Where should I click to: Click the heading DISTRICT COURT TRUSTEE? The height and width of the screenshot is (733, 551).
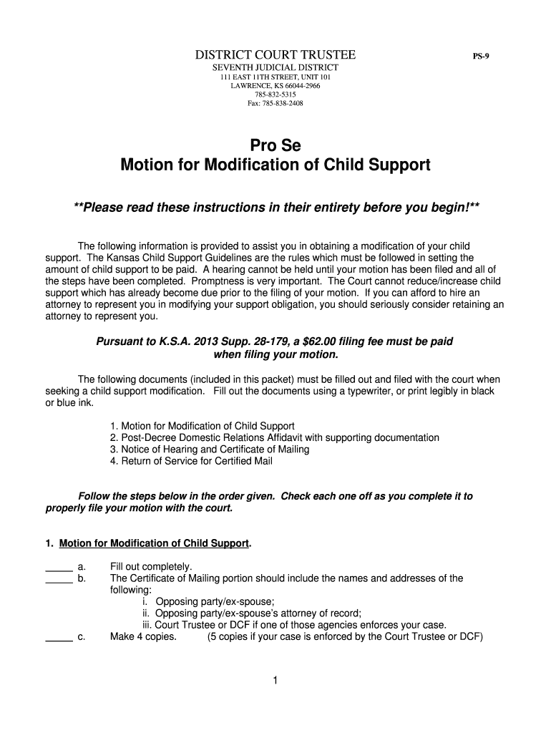click(275, 55)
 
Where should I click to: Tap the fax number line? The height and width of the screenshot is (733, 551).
click(275, 103)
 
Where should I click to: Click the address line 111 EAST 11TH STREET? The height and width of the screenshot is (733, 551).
click(275, 77)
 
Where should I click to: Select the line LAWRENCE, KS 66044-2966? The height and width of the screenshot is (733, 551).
click(275, 86)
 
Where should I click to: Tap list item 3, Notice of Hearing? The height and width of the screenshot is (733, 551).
click(210, 449)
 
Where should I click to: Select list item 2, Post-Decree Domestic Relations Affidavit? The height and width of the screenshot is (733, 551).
click(275, 437)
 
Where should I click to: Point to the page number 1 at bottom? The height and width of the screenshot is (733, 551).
click(275, 681)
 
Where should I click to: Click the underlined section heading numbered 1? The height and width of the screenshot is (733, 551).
click(153, 543)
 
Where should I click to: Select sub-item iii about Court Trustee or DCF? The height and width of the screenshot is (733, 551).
click(294, 624)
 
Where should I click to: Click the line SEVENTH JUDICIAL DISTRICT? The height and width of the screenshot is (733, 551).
click(275, 67)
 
